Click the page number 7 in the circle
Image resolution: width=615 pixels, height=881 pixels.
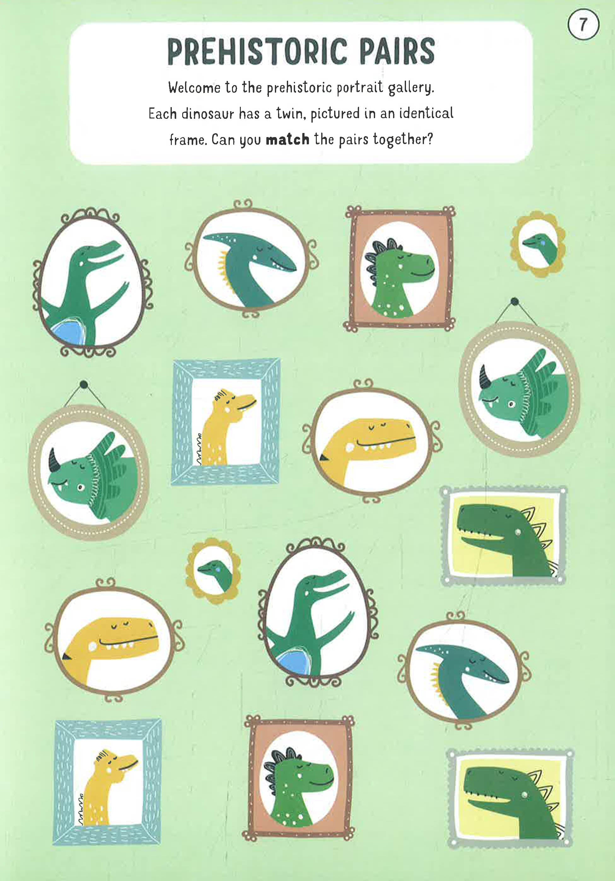click(x=583, y=25)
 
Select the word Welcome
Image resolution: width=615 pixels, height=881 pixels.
click(x=194, y=88)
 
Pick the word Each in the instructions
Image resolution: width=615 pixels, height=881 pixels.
click(x=162, y=114)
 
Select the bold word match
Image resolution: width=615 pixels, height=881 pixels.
click(x=287, y=140)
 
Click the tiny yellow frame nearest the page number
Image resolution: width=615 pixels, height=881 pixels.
click(x=538, y=244)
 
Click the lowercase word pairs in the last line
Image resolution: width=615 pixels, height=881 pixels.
click(x=353, y=140)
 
